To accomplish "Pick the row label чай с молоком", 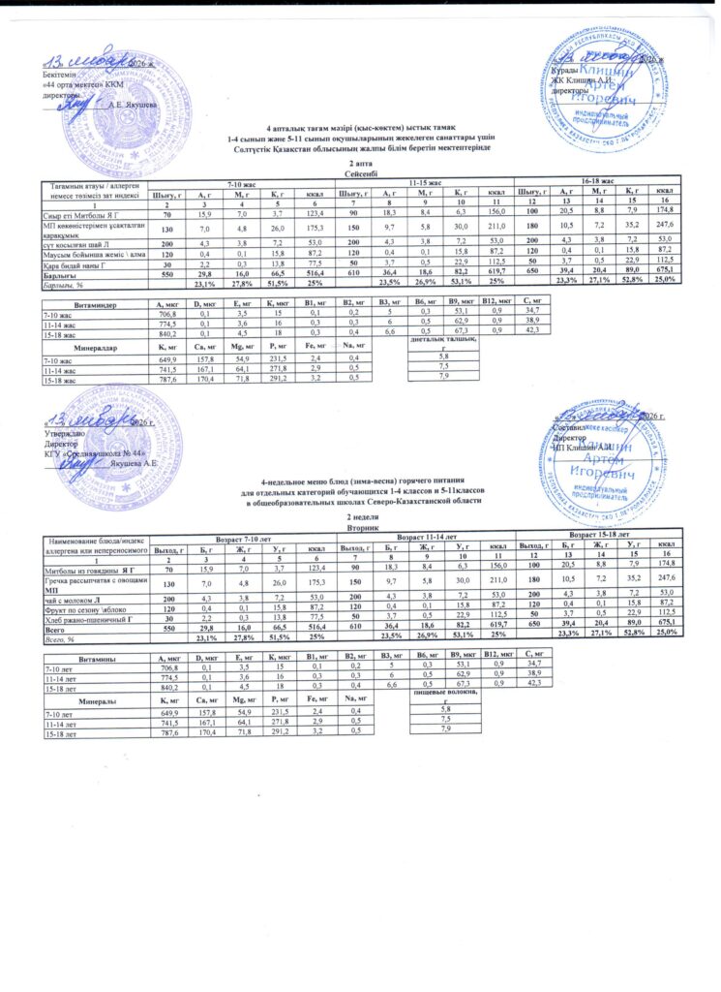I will (69, 598).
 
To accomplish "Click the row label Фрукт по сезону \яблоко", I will (83, 607).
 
